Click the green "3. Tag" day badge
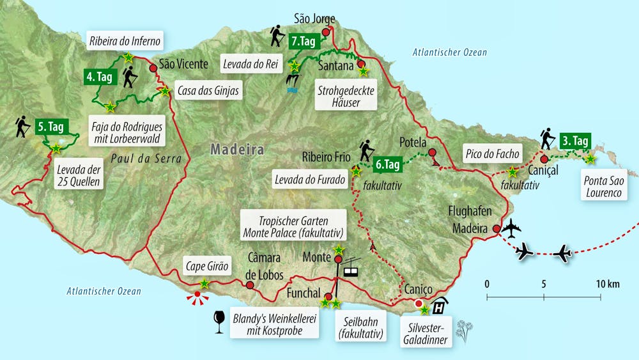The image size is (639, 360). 575,140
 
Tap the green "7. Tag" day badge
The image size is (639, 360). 303,42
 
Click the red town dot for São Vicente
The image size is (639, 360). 153,68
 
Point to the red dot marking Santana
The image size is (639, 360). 361,64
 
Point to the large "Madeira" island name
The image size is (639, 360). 237,150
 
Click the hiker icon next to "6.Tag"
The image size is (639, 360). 366,150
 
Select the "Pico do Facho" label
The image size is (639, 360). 491,155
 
